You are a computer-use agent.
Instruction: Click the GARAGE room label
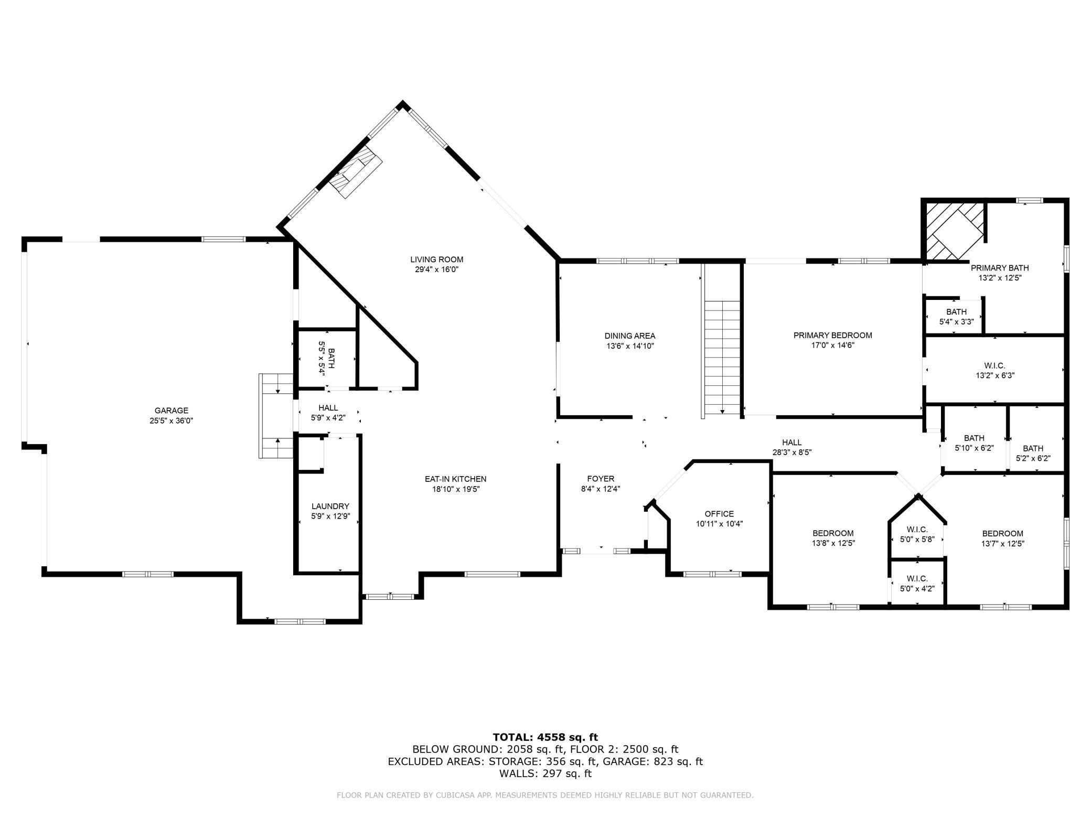(171, 411)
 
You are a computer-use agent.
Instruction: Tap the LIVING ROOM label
(436, 260)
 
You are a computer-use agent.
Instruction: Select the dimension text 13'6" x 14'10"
(629, 346)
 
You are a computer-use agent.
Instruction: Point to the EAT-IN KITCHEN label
(455, 479)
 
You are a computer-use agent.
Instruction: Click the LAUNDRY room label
(330, 506)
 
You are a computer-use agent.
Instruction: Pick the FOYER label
(601, 479)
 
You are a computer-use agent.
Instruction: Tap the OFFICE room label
(719, 514)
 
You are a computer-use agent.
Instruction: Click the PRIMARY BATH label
(999, 268)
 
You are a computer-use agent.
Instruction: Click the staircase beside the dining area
(722, 358)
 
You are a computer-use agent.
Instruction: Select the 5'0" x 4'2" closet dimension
(917, 588)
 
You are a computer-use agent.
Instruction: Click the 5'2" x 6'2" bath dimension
(1033, 458)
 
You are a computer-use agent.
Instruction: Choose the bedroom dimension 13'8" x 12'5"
(833, 543)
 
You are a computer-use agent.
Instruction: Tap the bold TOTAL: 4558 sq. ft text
(545, 737)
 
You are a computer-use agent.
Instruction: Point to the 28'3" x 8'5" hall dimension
(791, 453)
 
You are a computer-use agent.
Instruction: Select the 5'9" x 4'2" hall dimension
(328, 418)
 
